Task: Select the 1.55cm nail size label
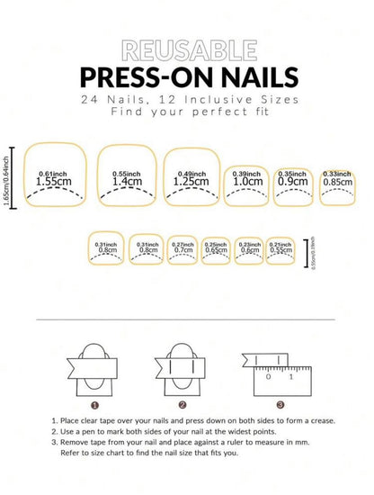[x=53, y=181]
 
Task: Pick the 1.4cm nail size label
[x=126, y=181]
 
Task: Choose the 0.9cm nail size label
[x=293, y=180]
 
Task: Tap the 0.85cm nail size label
[x=337, y=180]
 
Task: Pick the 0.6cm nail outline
[x=250, y=248]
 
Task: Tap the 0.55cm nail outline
[x=280, y=248]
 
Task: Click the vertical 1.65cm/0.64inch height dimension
[x=8, y=176]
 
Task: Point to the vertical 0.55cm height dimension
[x=311, y=248]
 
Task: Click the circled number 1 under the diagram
[x=95, y=405]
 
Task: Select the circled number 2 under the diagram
[x=182, y=405]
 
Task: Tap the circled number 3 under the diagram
[x=280, y=405]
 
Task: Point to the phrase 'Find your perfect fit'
[x=186, y=113]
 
